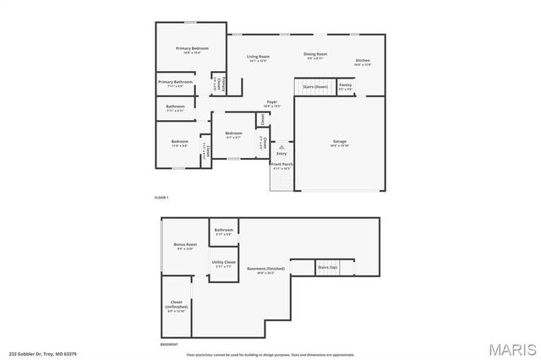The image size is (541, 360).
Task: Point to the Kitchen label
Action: coord(363,62)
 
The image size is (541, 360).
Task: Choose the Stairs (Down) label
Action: coord(315,86)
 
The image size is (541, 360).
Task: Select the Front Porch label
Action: coord(281,166)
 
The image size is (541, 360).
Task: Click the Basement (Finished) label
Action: coord(266,270)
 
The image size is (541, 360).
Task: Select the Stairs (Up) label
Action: coord(327,266)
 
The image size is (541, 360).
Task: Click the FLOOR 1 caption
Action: coord(161,197)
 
